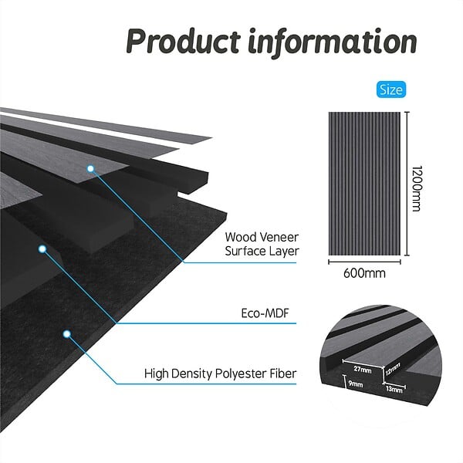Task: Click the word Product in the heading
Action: (183, 42)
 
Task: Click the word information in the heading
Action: (333, 42)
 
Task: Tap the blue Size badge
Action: (391, 90)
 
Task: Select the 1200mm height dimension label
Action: (417, 188)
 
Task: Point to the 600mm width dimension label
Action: (364, 273)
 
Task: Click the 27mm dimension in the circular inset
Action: (363, 369)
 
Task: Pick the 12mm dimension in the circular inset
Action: (393, 369)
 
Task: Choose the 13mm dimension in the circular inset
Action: (394, 389)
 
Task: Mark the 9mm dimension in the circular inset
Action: (356, 384)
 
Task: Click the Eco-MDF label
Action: (265, 313)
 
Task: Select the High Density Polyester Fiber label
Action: (220, 373)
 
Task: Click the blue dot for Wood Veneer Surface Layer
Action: (90, 168)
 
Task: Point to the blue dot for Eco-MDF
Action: (42, 249)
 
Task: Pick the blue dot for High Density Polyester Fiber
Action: (67, 334)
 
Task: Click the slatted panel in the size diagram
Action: (364, 184)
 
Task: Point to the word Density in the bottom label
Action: (191, 374)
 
